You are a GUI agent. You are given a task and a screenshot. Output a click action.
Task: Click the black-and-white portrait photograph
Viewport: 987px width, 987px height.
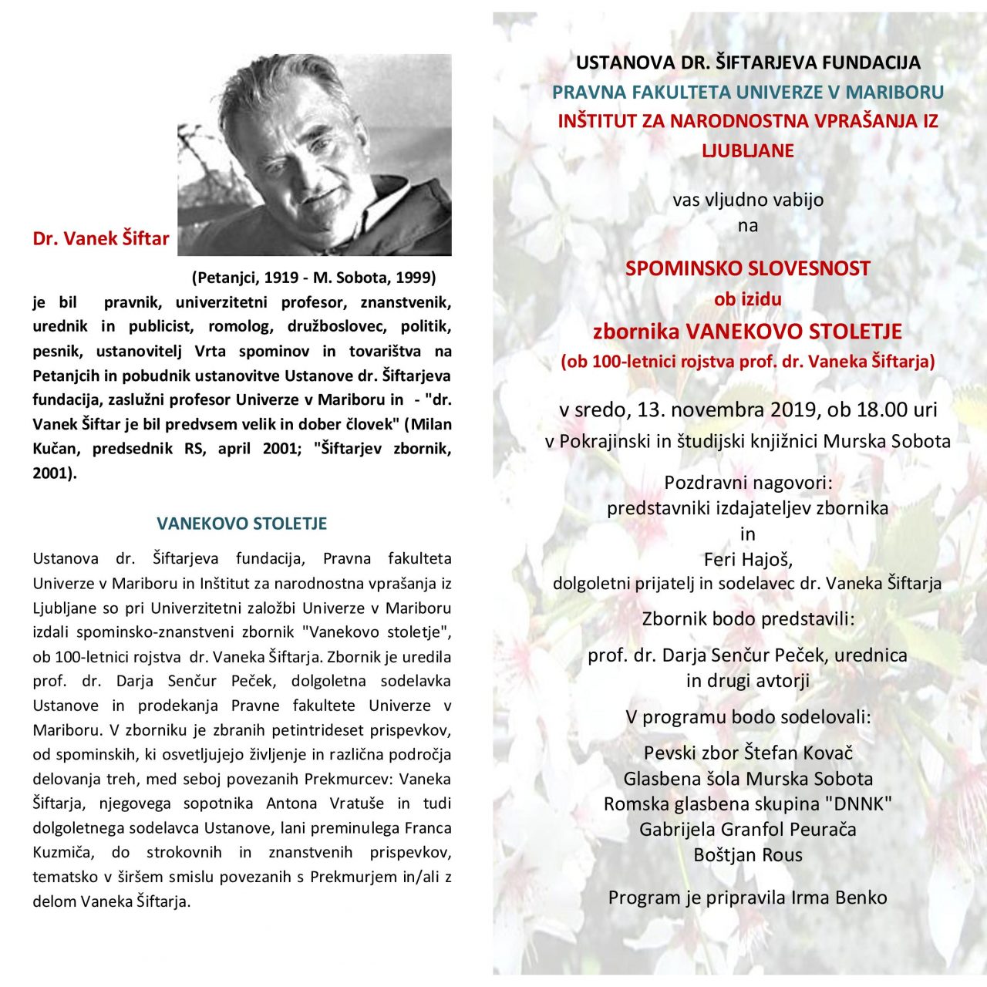(x=315, y=154)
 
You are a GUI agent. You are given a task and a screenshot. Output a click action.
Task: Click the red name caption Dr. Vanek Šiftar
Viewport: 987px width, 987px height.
(x=100, y=238)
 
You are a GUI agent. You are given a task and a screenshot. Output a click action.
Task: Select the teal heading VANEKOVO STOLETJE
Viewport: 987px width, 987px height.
(x=241, y=524)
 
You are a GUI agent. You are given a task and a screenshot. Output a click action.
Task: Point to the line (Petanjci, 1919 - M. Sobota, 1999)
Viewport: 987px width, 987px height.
(x=314, y=277)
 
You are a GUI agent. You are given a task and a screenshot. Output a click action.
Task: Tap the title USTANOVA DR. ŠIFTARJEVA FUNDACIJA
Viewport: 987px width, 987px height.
(x=748, y=62)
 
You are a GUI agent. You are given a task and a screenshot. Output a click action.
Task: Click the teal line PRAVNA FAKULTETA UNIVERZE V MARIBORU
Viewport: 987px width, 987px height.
(x=748, y=92)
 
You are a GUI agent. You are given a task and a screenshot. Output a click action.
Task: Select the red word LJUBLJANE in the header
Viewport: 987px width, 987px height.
(x=748, y=150)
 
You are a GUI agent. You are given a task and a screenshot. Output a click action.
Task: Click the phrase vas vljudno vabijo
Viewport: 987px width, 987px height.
(x=748, y=200)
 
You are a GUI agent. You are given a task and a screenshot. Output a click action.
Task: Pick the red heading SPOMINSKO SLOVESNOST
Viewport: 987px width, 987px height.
(x=748, y=268)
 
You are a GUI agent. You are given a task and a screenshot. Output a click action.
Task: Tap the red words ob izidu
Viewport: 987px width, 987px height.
(x=748, y=299)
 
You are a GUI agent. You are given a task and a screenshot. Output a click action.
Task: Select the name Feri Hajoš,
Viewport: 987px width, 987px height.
(x=748, y=559)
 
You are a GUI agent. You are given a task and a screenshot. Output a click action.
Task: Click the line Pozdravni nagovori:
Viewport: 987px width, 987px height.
(x=748, y=483)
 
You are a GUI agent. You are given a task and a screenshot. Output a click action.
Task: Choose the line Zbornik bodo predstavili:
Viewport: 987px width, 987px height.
(x=748, y=618)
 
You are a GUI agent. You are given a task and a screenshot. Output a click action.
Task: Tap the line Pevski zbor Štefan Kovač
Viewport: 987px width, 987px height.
(x=748, y=753)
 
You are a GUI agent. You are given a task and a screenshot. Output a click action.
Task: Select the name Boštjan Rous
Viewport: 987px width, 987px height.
(x=748, y=854)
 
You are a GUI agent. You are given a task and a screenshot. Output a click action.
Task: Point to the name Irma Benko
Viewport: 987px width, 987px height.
(x=839, y=897)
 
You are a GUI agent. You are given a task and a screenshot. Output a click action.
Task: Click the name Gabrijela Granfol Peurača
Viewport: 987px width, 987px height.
(x=748, y=829)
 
